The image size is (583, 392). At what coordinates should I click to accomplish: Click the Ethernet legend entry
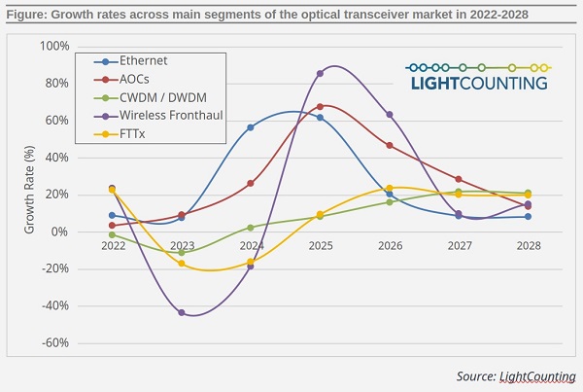135,62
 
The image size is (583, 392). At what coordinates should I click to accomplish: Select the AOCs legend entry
130,79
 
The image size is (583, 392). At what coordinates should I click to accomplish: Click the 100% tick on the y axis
53,47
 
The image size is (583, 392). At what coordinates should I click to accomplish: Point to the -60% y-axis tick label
54,342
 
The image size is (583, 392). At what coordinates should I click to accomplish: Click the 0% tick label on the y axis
60,232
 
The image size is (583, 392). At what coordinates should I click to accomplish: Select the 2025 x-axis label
320,246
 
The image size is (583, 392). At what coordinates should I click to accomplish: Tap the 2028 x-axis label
527,246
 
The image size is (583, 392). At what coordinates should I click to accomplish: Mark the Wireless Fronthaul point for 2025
320,73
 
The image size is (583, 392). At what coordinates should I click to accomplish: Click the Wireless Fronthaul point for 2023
182,312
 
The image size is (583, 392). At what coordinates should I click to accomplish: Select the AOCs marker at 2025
320,106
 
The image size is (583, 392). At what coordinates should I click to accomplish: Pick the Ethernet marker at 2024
251,127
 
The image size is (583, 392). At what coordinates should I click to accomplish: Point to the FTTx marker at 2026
389,188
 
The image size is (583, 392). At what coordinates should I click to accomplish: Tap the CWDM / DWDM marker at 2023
182,252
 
